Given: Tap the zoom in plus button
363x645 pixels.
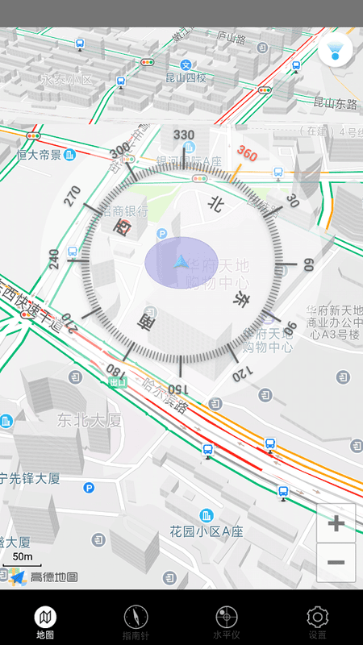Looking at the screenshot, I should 336,524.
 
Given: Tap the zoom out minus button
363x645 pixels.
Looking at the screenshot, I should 336,563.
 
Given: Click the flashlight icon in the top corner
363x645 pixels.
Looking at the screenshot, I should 335,50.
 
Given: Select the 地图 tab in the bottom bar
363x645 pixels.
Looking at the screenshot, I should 45,623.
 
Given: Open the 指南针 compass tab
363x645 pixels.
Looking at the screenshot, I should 136,623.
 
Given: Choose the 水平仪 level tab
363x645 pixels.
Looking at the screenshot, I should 227,623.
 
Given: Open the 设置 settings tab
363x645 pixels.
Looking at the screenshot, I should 317,623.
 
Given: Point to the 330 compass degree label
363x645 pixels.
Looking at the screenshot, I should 184,135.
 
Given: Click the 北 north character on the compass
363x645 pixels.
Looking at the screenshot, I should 215,205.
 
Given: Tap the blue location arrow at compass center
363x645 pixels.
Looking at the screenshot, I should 181,262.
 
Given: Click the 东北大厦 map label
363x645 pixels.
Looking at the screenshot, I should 89,420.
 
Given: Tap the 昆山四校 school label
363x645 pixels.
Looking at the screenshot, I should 186,78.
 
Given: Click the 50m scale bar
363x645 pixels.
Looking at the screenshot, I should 23,557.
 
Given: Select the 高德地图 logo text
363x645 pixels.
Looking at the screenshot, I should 54,576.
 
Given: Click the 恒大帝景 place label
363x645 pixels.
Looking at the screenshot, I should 39,154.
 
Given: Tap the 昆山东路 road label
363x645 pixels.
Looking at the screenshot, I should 335,102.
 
